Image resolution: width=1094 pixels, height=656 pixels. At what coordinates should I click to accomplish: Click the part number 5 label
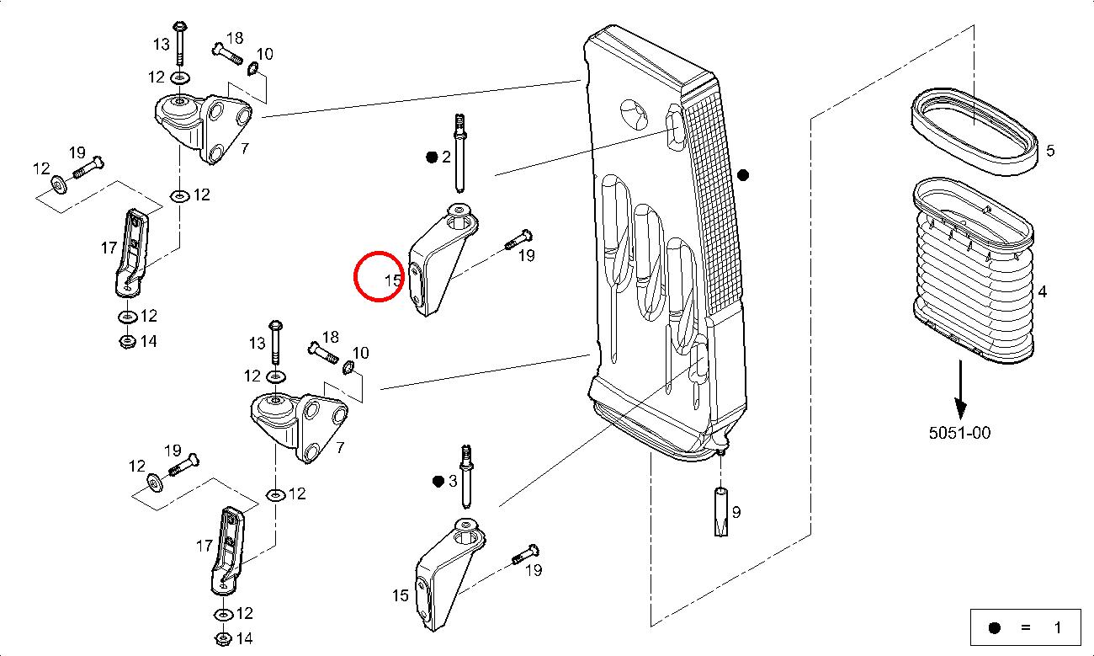1049,152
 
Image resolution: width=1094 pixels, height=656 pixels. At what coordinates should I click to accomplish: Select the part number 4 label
1043,292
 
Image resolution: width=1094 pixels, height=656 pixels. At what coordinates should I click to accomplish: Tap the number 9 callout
736,511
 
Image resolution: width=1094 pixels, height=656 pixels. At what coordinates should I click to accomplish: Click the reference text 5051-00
959,433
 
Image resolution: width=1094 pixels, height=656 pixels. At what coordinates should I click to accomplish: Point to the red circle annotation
378,276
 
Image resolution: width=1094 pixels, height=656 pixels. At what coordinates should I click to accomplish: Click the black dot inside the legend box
994,627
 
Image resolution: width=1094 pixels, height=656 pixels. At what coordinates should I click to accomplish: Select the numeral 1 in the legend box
1057,627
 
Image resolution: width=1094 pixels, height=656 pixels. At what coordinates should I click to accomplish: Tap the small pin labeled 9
722,510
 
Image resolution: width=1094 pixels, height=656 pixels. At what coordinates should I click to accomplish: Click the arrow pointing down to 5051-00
959,387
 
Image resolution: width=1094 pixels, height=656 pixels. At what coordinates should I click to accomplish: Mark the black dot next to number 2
432,157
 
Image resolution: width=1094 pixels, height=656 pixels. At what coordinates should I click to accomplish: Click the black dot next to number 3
438,481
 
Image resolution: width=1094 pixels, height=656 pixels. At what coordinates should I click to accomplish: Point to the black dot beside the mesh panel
742,175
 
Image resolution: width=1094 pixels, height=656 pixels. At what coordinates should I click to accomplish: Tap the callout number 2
446,157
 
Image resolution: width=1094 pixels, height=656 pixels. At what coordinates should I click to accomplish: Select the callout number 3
452,481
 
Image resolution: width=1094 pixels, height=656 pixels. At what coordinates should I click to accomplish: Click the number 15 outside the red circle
400,595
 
